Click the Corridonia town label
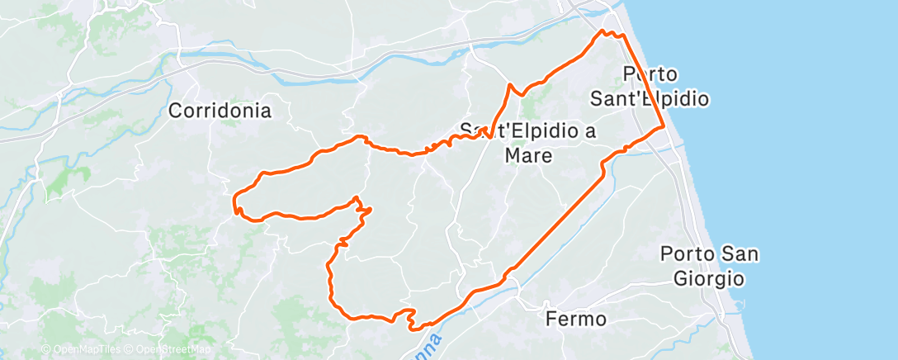coord(220,110)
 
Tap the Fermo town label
coord(576,318)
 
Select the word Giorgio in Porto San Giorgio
coord(710,277)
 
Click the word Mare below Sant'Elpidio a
coord(529,154)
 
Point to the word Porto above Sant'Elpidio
coord(650,73)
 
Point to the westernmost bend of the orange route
coord(234,199)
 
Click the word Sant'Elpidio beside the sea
coord(650,98)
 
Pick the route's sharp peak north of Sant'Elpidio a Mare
coord(509,84)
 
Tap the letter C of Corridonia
coord(176,110)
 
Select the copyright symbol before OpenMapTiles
coord(45,349)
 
